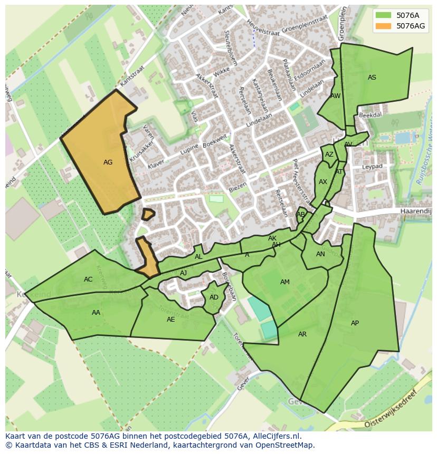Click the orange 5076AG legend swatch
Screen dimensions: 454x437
(x=383, y=26)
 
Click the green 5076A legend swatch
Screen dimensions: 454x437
(x=383, y=15)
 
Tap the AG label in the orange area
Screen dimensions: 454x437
(x=108, y=162)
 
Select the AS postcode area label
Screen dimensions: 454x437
(x=372, y=78)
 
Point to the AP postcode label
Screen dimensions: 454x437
(x=355, y=323)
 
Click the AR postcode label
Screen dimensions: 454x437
(x=302, y=334)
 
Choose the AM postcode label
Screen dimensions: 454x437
(x=285, y=282)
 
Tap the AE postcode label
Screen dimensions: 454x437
(x=170, y=320)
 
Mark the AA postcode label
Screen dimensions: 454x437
(x=96, y=313)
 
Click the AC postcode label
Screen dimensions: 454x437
(x=88, y=279)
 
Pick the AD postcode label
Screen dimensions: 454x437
(x=214, y=297)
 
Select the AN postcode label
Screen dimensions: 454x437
(x=320, y=254)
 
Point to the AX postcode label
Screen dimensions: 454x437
(x=323, y=182)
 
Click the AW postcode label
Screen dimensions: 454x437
(x=335, y=96)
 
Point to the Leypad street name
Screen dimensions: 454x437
(x=372, y=167)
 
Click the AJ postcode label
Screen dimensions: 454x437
(x=184, y=273)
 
